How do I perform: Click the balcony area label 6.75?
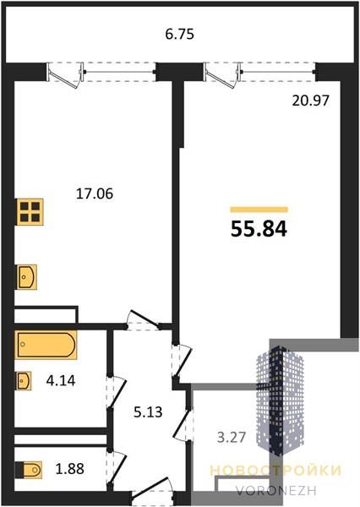tap(179, 34)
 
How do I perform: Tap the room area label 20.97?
tap(310, 101)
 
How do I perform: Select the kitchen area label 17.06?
tap(95, 194)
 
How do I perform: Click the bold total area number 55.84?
tap(259, 229)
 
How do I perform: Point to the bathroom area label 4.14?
tap(61, 380)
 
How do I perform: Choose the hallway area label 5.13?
tap(148, 412)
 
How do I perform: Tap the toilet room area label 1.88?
tap(70, 468)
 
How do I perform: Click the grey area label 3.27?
tap(232, 438)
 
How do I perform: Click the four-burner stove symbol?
tap(30, 211)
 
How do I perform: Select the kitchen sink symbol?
tap(26, 277)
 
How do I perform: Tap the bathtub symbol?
tap(46, 345)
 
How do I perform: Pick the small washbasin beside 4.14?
tap(24, 380)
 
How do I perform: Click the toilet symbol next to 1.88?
tap(29, 470)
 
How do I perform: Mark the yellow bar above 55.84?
tap(259, 210)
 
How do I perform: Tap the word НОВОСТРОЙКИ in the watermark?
tap(275, 471)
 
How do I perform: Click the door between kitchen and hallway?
tap(144, 321)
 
